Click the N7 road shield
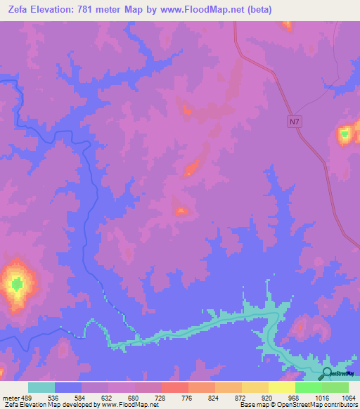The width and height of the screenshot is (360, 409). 294,122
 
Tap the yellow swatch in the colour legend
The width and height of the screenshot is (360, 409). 282,387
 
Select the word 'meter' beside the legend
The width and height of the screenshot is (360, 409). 8,398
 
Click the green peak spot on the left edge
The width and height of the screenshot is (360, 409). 17,284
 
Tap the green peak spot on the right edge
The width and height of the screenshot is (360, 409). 345,133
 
